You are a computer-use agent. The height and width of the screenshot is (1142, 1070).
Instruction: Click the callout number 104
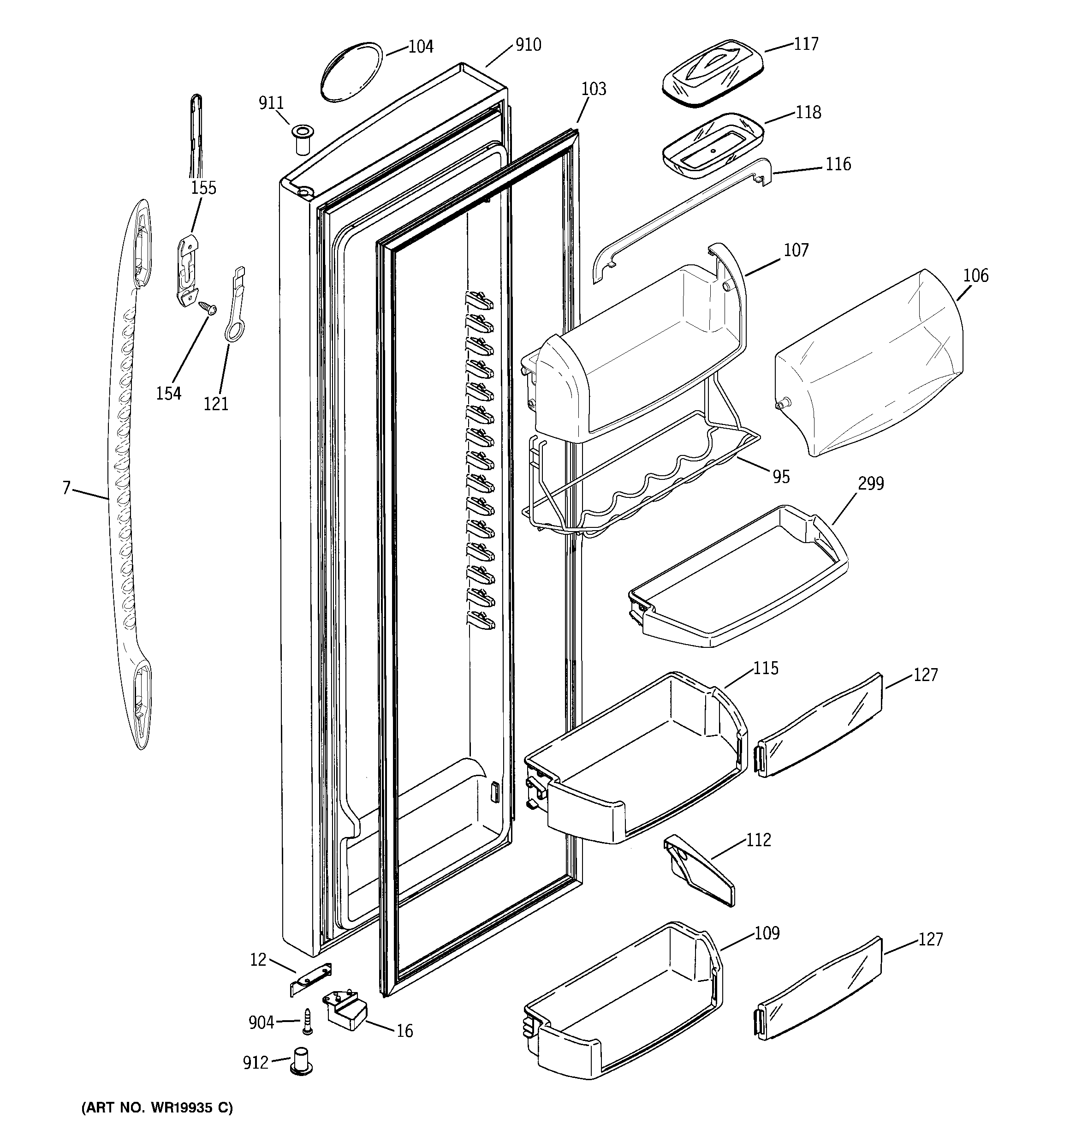click(421, 47)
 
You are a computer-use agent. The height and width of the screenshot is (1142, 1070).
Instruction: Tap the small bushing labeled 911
click(302, 138)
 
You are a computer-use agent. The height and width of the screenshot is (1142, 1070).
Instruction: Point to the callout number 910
click(528, 45)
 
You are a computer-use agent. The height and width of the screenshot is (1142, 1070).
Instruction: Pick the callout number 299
click(871, 484)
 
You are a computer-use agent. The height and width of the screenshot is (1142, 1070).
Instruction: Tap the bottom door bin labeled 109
click(623, 1011)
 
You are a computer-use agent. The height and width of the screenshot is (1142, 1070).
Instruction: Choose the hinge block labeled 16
click(346, 1009)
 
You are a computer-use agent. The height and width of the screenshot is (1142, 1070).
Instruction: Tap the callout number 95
click(781, 476)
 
